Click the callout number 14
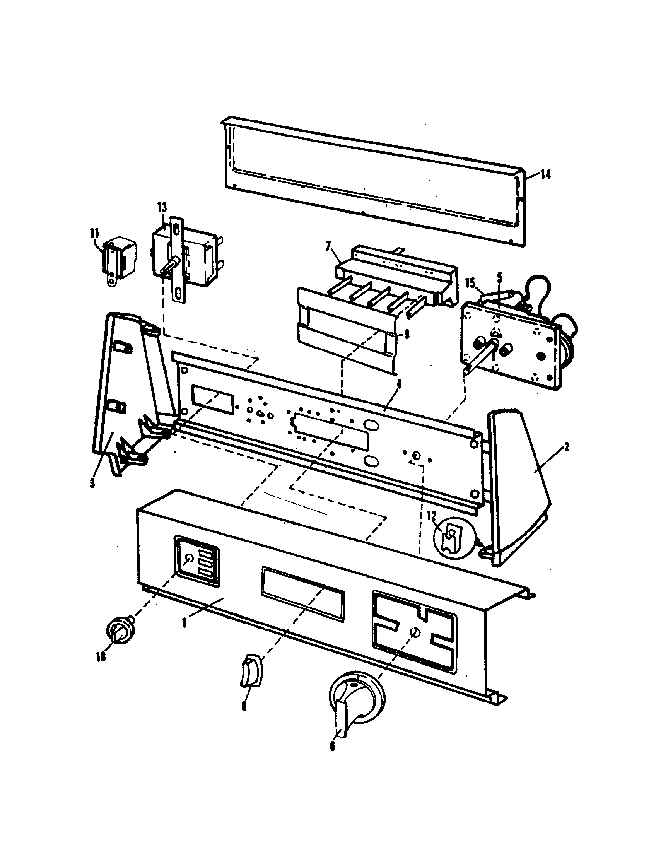pos(545,175)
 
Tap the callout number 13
pos(162,207)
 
